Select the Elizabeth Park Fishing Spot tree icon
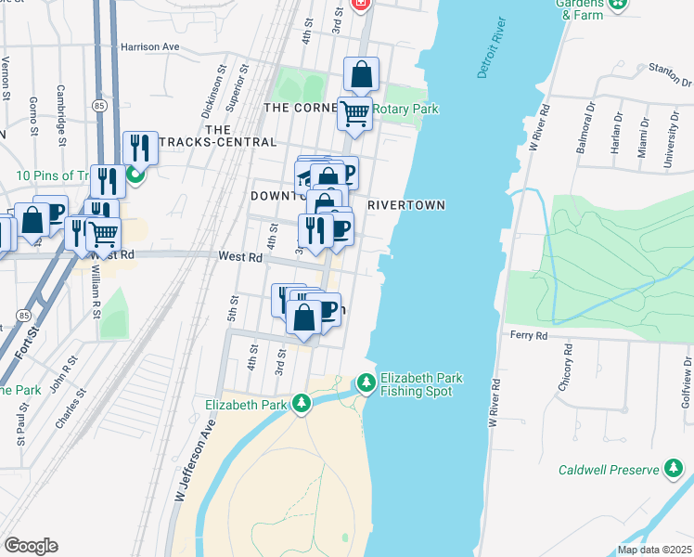coord(366,382)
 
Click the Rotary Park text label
coord(405,110)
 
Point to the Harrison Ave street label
coord(150,45)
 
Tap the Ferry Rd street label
coord(528,335)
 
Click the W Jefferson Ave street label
coord(196,460)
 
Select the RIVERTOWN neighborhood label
coord(406,205)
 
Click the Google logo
coord(31,546)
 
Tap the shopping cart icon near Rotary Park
coord(354,113)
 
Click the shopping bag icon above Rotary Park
coord(361,74)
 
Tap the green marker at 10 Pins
coord(135,174)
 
